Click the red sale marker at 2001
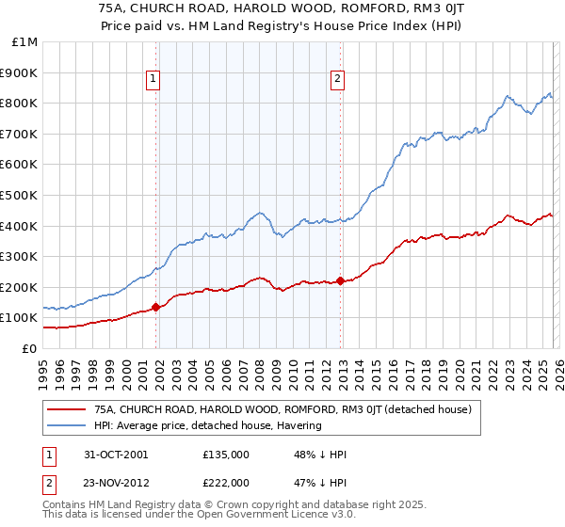(x=155, y=306)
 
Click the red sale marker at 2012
(x=340, y=279)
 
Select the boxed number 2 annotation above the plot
(x=337, y=80)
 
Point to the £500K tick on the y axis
(x=20, y=195)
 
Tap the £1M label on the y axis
(x=25, y=42)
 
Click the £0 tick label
(x=30, y=348)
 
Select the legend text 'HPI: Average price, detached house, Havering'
(x=208, y=425)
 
